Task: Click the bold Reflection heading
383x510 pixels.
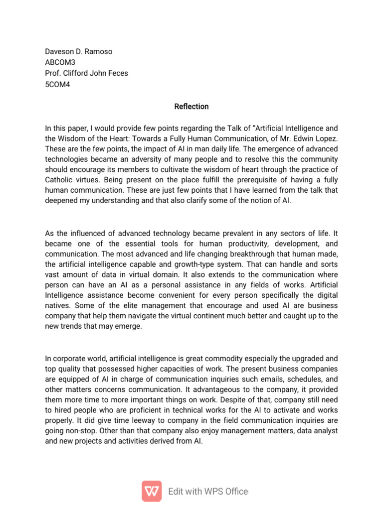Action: point(191,107)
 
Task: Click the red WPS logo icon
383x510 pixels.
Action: point(152,491)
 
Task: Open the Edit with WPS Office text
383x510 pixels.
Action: point(208,492)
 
